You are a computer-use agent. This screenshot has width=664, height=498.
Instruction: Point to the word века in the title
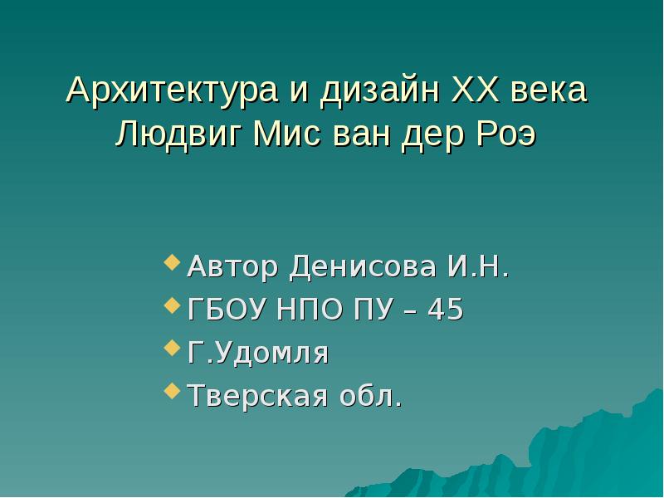coord(549,90)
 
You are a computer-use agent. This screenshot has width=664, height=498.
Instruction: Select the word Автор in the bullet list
coord(234,267)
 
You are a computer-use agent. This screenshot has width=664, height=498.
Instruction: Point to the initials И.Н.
coord(478,267)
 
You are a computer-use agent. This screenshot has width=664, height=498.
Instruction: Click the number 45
coord(446,310)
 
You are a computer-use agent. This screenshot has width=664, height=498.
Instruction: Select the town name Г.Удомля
coord(258,354)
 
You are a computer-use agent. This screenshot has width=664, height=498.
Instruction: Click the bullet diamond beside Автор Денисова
coord(172,264)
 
